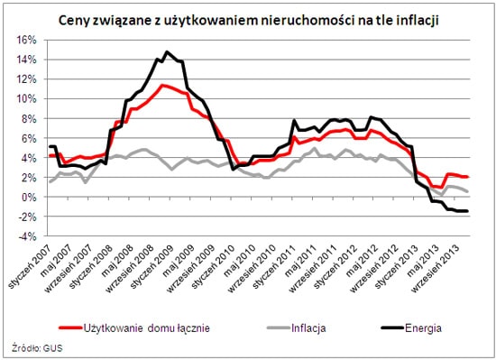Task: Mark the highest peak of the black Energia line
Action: click(x=167, y=52)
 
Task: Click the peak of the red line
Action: click(x=161, y=85)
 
